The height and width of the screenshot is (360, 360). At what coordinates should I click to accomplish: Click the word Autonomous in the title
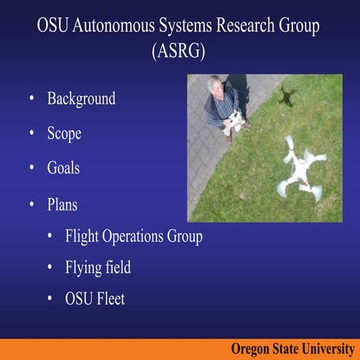[x=114, y=25]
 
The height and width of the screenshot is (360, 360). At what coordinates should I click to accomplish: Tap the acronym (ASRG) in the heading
[x=178, y=51]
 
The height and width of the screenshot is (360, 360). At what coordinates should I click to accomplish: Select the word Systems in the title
[x=185, y=26]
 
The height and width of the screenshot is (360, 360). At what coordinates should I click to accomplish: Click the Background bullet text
[x=82, y=99]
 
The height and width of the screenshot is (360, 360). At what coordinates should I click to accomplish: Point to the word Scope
[x=64, y=133]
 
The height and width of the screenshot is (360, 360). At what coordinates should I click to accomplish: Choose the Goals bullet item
[x=64, y=167]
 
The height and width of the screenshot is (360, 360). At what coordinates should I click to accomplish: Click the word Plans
[x=62, y=205]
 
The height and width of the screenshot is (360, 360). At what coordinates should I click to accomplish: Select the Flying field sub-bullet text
[x=97, y=268]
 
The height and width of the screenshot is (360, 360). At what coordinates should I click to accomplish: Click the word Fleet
[x=110, y=298]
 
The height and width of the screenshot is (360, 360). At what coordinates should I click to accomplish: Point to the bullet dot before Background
[x=31, y=97]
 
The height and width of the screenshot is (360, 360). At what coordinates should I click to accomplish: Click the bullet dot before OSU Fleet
[x=49, y=298]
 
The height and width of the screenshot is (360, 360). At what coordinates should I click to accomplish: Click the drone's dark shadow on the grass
[x=287, y=96]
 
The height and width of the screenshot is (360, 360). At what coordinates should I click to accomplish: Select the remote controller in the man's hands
[x=234, y=122]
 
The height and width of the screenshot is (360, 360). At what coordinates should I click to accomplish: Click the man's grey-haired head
[x=214, y=84]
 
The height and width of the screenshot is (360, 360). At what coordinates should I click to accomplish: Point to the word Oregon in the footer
[x=250, y=349]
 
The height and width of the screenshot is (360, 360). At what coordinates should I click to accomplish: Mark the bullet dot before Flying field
[x=49, y=267]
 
